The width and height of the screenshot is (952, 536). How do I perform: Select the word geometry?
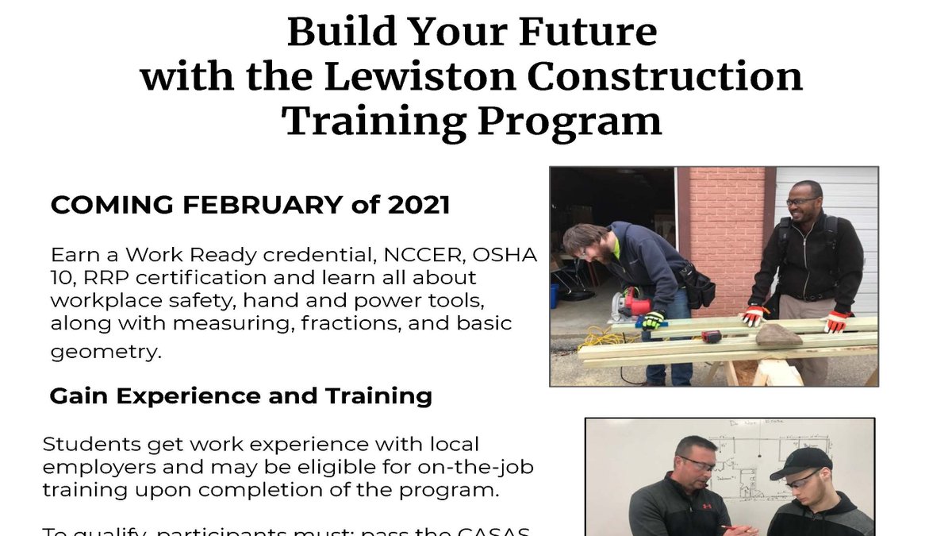click(x=106, y=352)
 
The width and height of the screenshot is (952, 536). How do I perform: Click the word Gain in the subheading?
click(x=75, y=395)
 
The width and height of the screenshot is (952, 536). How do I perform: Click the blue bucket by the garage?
click(x=554, y=295)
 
